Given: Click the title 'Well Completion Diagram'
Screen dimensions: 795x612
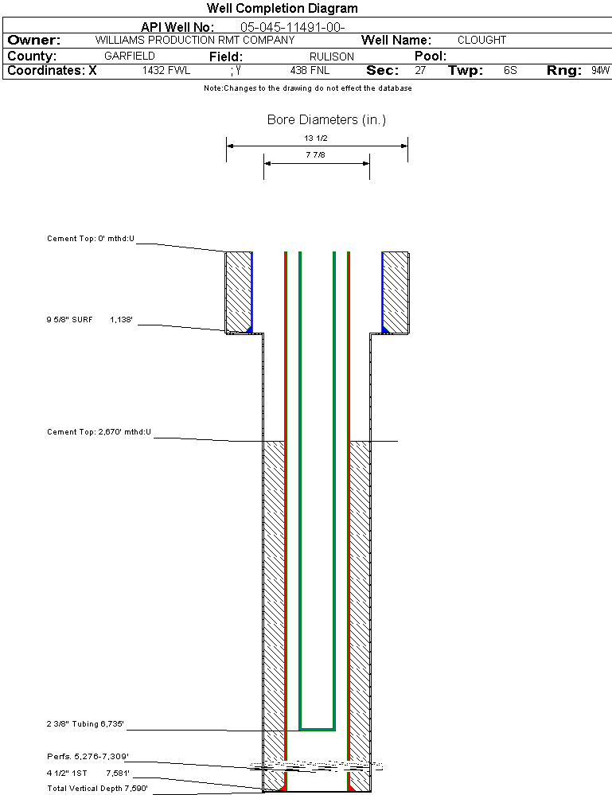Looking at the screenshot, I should point(283,9).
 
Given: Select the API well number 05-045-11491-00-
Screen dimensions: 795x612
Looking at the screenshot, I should point(292,27).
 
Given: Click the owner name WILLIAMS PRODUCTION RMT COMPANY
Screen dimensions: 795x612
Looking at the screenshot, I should point(194,40).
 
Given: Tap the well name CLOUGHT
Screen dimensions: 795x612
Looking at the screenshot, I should point(481,40).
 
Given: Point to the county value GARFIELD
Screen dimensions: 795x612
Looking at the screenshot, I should point(130,57).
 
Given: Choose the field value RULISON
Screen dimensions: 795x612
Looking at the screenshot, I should point(333,57).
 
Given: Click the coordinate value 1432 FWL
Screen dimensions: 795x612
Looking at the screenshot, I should point(166,70).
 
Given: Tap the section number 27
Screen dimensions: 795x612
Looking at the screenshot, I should point(420,70).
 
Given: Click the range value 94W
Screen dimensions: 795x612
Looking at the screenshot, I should point(600,70).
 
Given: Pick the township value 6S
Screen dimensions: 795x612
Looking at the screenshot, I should point(510,70).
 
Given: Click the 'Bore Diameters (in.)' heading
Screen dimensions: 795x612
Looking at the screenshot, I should point(326,120).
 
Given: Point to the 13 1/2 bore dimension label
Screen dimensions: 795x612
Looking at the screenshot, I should point(316,138).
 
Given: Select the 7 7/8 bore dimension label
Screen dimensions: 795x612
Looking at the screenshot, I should point(316,155).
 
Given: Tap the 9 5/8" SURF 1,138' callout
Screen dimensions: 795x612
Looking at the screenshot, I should point(89,320).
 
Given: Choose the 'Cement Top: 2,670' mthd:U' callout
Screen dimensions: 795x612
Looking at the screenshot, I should point(99,432).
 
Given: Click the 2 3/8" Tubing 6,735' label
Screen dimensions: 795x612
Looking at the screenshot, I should point(85,724).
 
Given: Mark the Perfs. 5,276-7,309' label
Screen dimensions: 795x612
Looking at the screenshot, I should point(88,755).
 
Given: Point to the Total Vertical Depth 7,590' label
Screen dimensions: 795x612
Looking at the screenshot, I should point(97,788).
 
